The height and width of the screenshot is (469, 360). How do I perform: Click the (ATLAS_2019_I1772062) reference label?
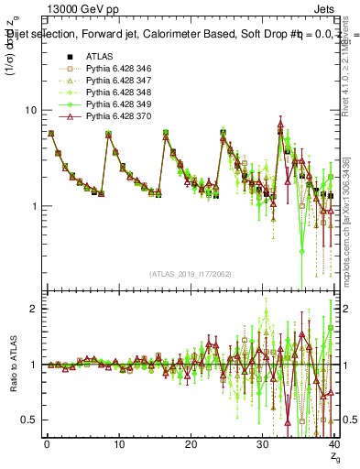tap(190, 273)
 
